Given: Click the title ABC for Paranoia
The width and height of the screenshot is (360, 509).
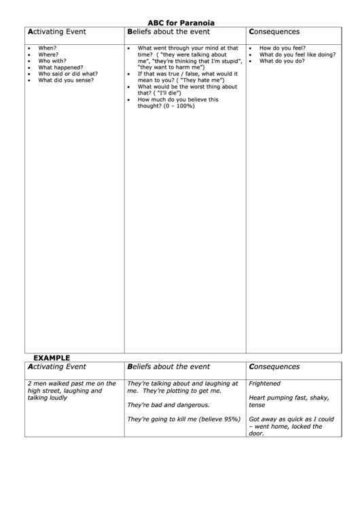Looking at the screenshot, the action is coord(181,22).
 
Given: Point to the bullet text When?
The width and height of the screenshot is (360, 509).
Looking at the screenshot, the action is coord(48,49).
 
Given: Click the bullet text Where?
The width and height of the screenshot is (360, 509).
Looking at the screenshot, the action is coord(48,55).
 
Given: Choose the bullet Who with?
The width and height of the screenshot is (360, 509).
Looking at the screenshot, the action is coord(52,61).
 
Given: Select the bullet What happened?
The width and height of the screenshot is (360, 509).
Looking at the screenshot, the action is coord(60,67).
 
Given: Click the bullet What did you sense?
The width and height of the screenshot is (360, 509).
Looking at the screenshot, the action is coord(66,80).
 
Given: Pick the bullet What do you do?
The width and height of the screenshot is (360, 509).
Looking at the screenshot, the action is coord(282,61).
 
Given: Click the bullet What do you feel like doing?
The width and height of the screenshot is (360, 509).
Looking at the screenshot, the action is coord(297,55).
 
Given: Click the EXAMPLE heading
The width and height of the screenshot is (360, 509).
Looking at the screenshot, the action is coord(52,357).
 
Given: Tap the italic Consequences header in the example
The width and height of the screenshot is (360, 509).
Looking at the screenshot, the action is coord(274,367).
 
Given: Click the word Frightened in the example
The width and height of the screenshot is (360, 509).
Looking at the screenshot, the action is coord(264,384).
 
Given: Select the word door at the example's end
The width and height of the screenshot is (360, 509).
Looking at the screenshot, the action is coord(255,434).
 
